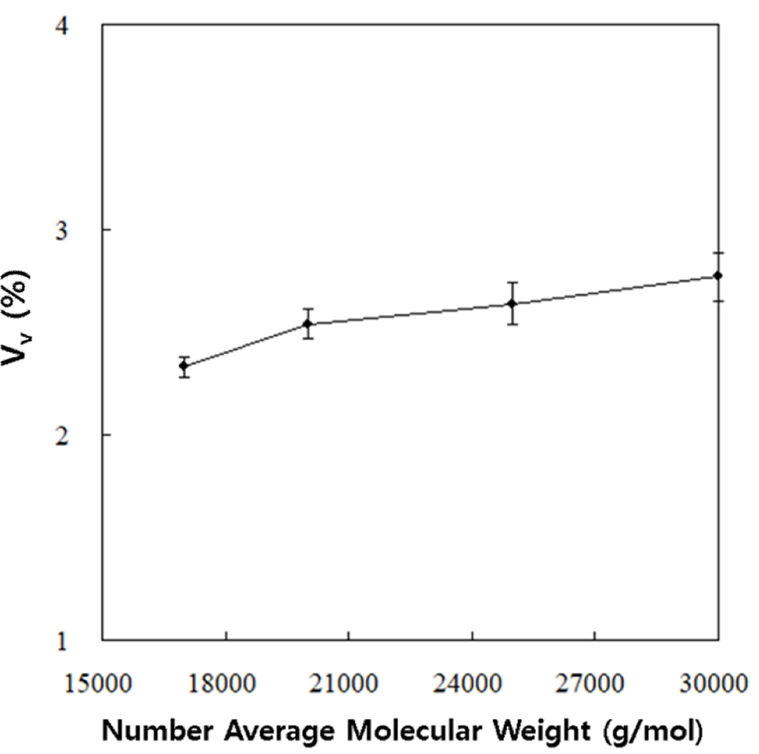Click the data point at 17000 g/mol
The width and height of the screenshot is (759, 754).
coord(184,365)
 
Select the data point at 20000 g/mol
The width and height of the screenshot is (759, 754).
coord(308,324)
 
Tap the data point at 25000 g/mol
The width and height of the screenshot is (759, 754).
coord(512,303)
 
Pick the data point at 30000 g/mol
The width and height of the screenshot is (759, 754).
coord(718,276)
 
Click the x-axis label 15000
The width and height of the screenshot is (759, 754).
coord(98,684)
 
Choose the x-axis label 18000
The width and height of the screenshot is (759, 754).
coord(222,684)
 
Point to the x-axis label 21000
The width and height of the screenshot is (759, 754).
coord(344,684)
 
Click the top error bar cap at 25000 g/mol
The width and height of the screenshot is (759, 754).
coord(512,282)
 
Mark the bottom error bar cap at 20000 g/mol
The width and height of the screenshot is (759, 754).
coord(308,338)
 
